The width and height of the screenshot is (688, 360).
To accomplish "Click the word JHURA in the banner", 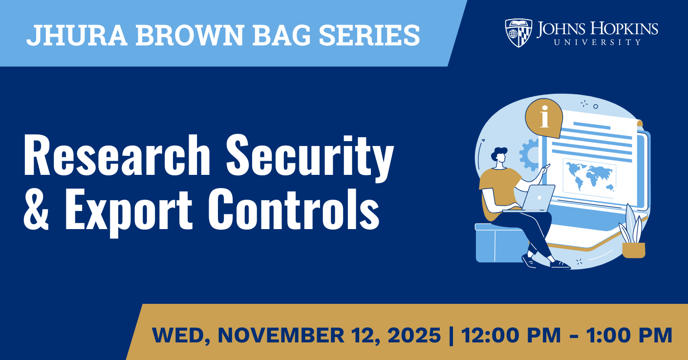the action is (x=77, y=35).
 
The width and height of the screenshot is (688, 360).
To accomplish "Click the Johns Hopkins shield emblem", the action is (x=518, y=33).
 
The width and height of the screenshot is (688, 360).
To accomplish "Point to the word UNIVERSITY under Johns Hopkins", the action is (x=598, y=42).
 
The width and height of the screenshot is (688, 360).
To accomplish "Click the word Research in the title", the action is (x=117, y=155).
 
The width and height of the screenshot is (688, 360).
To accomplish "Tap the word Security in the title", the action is (x=310, y=158).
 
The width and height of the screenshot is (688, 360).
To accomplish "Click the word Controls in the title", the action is (x=294, y=209).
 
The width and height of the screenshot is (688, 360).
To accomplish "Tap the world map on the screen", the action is (x=589, y=177).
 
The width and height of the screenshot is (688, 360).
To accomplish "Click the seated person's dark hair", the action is (x=498, y=153).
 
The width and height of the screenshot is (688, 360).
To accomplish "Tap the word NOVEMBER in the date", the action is (x=281, y=335).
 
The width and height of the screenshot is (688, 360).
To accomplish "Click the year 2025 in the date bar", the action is (x=414, y=335).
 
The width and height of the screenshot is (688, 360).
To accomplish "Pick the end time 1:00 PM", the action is (x=629, y=335).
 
